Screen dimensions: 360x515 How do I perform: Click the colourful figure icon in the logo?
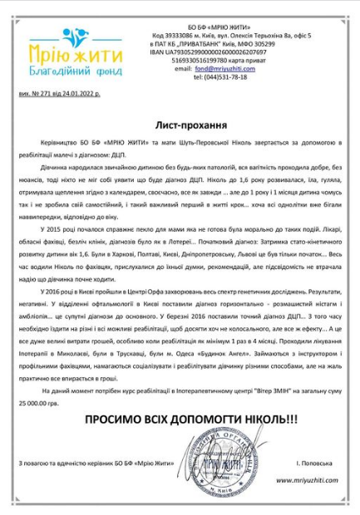[76, 38]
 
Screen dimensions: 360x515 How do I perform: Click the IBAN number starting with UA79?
[220, 52]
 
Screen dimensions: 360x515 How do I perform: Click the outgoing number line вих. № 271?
[58, 95]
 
